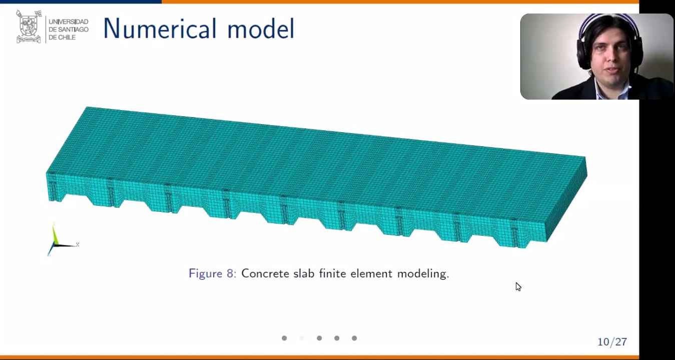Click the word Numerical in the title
click(160, 29)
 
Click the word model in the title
click(261, 29)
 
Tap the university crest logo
click(29, 27)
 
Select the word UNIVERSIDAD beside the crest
click(69, 22)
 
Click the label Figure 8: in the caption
click(213, 273)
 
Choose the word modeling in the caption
click(423, 274)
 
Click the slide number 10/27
click(612, 341)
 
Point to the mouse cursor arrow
click(518, 286)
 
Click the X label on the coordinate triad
click(78, 244)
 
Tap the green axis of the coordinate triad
click(55, 234)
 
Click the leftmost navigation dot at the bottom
click(284, 338)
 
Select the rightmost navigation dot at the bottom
click(354, 338)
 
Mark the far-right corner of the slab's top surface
click(585, 157)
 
